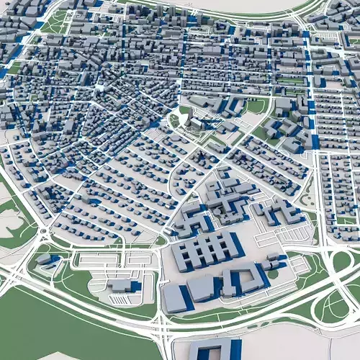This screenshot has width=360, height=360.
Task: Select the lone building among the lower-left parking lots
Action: click(122, 286)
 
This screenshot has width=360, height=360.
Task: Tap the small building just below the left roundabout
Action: click(45, 258)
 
